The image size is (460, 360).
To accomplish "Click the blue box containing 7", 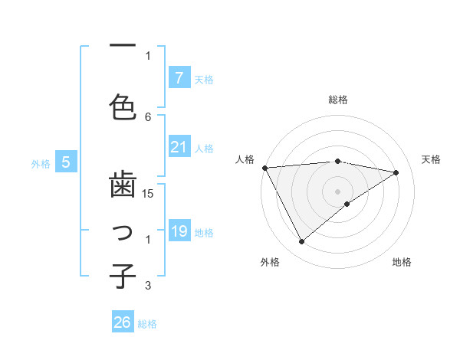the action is pos(179,78).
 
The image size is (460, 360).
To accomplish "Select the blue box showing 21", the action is pos(179,147).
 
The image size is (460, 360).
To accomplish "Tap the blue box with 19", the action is pos(179,231).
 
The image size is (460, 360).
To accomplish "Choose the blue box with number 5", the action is pos(66,162).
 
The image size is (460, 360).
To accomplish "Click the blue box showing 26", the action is pos(122,322).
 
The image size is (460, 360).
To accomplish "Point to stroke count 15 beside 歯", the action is pos(149,195).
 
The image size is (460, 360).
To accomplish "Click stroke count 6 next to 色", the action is pos(149,116).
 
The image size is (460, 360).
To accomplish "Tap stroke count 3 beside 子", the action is pos(149,286).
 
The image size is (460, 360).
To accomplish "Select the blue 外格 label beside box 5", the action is pos(41,163).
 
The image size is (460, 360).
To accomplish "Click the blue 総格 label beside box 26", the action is pos(147,324).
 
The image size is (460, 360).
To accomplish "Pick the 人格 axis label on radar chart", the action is pos(245,159).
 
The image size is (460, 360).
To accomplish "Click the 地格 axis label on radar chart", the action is pos(402,262).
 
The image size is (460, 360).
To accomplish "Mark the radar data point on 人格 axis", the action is pos(264,168).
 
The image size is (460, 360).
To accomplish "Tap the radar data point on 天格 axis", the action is pos(396,172).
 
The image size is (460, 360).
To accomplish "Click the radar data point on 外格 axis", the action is pos(301,242).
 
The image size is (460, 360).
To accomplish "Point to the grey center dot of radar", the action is pos(337,191).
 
